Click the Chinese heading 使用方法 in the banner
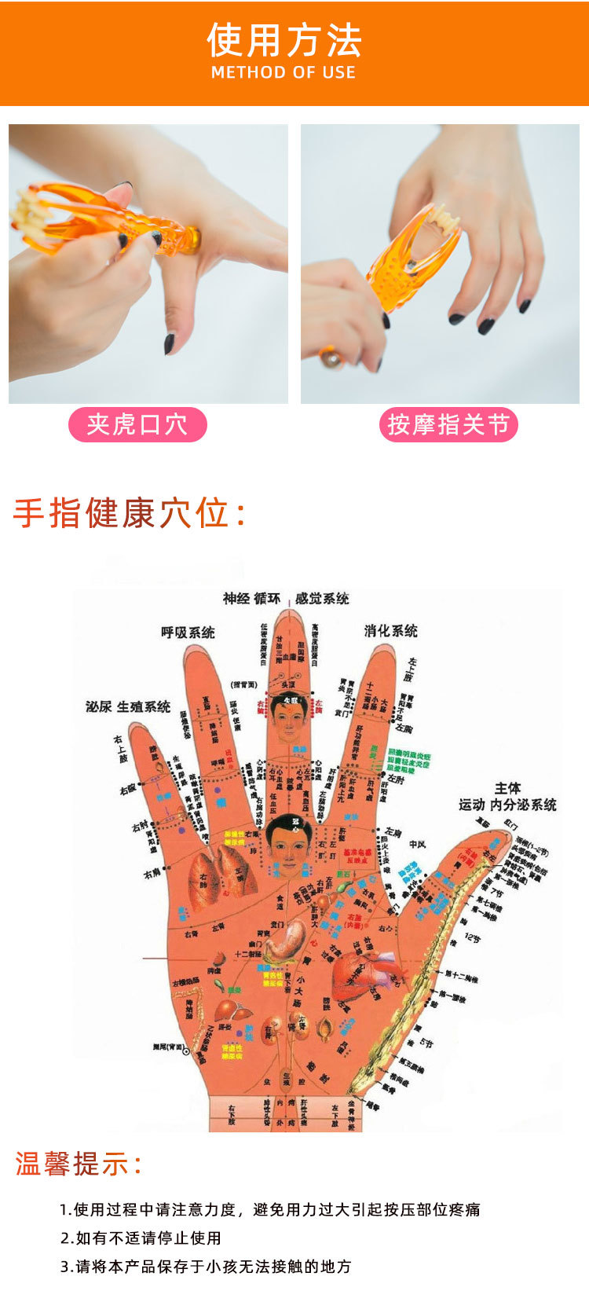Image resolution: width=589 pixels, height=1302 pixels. pyautogui.click(x=284, y=41)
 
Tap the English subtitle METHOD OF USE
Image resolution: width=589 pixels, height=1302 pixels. pyautogui.click(x=284, y=72)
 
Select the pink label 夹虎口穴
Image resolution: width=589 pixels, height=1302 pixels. pyautogui.click(x=137, y=424)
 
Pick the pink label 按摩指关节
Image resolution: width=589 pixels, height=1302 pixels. pyautogui.click(x=448, y=425)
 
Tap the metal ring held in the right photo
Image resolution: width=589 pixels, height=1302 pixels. pyautogui.click(x=331, y=358)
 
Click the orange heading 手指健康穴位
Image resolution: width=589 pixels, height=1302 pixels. pyautogui.click(x=130, y=514)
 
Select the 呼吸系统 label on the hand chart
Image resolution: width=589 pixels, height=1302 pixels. pyautogui.click(x=188, y=632)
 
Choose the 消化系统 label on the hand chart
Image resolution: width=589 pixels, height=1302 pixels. pyautogui.click(x=390, y=630)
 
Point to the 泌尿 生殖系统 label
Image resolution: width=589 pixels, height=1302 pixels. pyautogui.click(x=128, y=706)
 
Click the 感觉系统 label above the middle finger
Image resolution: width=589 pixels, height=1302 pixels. pyautogui.click(x=322, y=599)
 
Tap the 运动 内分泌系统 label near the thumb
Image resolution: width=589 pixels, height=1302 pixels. pyautogui.click(x=507, y=797)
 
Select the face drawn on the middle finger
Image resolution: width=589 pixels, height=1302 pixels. pyautogui.click(x=289, y=718)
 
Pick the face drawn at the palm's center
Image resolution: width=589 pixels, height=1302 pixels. pyautogui.click(x=286, y=845)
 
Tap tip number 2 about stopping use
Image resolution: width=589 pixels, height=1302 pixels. pyautogui.click(x=141, y=1238)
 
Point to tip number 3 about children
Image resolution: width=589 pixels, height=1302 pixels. pyautogui.click(x=206, y=1266)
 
